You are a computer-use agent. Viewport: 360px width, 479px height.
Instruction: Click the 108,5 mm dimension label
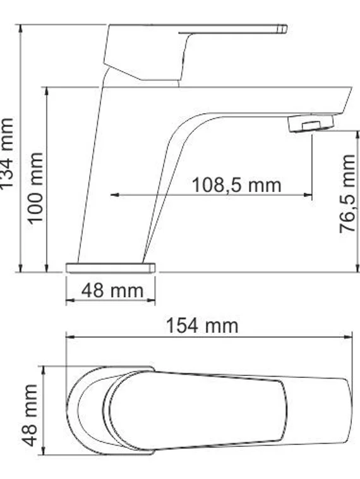pos(236,185)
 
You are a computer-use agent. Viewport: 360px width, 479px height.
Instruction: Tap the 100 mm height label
pos(35,186)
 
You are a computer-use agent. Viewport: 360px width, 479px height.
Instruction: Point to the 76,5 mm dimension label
pos(349,195)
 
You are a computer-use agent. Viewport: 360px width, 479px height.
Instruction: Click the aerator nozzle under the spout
pos(311,123)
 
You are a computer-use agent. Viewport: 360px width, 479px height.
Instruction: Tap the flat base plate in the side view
pos(111,268)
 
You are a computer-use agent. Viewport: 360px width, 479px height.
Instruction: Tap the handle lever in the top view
pos(196,411)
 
